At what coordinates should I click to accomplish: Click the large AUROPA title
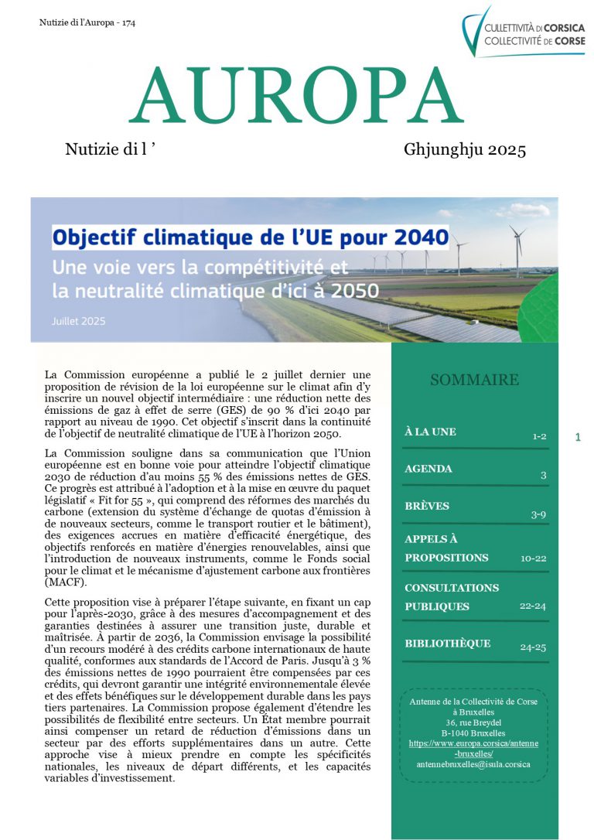[296, 97]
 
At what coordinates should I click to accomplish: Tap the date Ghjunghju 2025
[464, 150]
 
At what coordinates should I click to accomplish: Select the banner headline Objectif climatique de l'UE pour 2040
[251, 235]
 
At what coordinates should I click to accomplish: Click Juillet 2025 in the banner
[79, 320]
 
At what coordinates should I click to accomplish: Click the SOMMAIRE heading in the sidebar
[474, 380]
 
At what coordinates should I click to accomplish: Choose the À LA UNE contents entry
[430, 432]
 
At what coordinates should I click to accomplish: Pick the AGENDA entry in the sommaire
[428, 469]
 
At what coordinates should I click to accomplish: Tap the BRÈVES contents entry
[427, 506]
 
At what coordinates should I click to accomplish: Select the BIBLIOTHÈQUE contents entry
[448, 644]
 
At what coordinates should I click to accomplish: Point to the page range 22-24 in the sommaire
[533, 606]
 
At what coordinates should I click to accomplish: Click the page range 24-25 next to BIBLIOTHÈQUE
[533, 644]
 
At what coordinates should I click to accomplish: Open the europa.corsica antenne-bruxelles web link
[473, 748]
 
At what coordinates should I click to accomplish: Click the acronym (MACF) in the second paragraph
[67, 582]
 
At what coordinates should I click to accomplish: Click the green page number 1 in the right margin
[578, 437]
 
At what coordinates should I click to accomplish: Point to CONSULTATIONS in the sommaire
[452, 588]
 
